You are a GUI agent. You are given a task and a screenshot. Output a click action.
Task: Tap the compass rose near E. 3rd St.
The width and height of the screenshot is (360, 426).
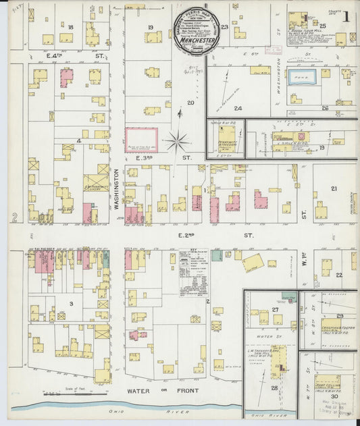coord(179,141)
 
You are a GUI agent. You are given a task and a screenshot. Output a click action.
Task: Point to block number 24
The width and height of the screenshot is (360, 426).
coord(238,108)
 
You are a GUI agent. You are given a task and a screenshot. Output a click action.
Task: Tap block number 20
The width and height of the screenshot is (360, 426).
coord(190,103)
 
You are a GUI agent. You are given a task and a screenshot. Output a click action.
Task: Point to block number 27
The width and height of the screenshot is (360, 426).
coord(274,310)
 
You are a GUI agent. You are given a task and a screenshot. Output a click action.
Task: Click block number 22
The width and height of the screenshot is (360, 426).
coord(338,274)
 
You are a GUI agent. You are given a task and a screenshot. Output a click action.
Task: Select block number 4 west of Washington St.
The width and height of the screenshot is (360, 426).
coord(79,140)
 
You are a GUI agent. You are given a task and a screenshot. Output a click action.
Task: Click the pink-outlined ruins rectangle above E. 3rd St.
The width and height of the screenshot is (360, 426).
coord(141,140)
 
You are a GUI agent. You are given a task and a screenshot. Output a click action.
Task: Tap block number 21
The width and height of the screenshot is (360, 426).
coord(333,188)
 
